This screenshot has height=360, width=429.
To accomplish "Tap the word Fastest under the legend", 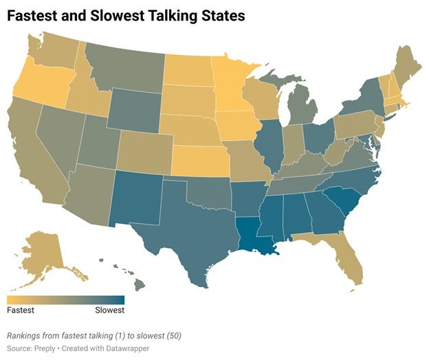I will (x=21, y=311).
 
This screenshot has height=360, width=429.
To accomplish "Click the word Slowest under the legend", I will (x=109, y=311).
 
